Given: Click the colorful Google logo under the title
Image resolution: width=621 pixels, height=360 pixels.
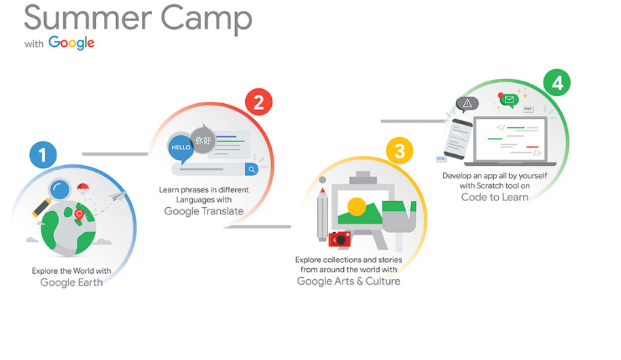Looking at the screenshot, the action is point(71,42).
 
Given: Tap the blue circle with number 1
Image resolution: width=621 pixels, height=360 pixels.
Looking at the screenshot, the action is point(43,154).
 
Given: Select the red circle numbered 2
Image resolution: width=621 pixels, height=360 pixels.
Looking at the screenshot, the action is point(259,102).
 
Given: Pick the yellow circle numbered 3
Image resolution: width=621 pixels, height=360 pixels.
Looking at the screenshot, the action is point(400,151).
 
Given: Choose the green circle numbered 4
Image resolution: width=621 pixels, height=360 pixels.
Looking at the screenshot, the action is point(557,83).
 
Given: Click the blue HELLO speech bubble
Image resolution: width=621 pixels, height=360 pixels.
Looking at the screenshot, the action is point(181,148).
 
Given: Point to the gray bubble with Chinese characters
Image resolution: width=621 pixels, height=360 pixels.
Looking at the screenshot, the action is point(203,139).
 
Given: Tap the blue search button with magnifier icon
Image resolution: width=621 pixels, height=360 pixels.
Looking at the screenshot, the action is point(251,170).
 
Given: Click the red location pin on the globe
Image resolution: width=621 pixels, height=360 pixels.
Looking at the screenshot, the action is point(79,215).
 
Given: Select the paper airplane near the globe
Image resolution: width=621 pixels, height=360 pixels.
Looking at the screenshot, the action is point(118,196).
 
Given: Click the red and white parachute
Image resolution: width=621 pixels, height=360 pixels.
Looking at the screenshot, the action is point(83,189).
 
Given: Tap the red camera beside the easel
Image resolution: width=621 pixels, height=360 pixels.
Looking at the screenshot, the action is point(340,239).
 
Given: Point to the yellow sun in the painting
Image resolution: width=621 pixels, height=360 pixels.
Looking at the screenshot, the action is point(357,206).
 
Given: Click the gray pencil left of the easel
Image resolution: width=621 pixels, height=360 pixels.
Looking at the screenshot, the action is point(323,214).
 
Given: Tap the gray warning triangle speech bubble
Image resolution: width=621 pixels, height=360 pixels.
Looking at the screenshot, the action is point(467,104).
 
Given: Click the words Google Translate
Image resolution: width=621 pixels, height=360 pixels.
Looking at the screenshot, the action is point(204,211).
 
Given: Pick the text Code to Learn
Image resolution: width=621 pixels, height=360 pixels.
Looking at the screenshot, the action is point(495,197).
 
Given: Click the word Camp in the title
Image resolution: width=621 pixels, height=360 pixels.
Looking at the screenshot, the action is point(207,18).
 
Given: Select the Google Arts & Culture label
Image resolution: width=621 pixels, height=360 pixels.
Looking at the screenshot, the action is point(349,281).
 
